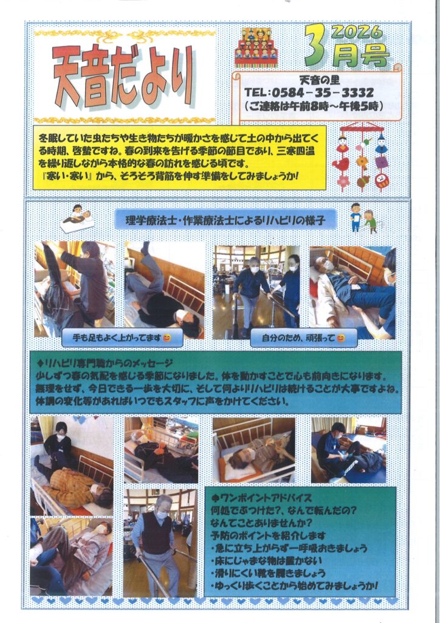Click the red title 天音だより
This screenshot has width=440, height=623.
tap(123, 77)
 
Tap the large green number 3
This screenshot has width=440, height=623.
tap(316, 45)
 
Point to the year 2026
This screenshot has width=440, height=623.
tap(356, 32)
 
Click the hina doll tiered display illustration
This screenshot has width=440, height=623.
tap(256, 47)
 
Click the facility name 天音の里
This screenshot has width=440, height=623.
tap(320, 80)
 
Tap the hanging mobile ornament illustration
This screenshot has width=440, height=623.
tap(363, 157)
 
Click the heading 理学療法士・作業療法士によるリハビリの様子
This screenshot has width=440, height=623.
tap(225, 220)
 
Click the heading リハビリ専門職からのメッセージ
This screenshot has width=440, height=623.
tap(105, 363)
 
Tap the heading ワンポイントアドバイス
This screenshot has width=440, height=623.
tap(261, 498)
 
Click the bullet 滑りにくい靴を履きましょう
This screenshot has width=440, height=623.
tap(268, 573)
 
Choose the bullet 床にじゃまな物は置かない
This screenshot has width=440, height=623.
tap(266, 560)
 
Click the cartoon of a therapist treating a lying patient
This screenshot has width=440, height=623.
tap(77, 218)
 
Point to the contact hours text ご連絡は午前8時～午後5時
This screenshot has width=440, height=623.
tap(314, 106)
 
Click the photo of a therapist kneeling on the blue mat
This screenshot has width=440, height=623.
tap(349, 450)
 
